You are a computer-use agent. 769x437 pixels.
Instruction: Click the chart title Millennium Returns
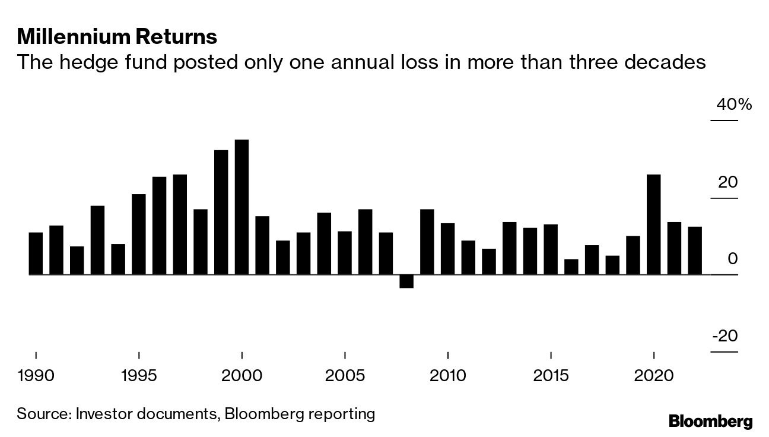tap(117, 37)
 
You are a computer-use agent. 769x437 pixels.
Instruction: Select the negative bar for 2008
tap(406, 281)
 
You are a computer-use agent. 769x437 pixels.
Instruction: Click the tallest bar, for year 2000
tap(241, 207)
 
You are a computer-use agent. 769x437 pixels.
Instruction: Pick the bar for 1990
tap(36, 254)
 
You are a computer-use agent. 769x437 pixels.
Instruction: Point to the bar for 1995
tap(139, 235)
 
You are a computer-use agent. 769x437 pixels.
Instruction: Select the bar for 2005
tap(345, 253)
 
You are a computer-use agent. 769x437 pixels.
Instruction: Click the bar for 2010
tap(447, 249)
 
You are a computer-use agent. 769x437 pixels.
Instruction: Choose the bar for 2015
tap(551, 249)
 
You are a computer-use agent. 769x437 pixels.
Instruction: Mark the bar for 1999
tap(221, 212)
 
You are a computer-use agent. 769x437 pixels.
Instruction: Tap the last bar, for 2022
tap(695, 251)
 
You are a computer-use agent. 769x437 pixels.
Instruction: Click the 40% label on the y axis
tap(733, 105)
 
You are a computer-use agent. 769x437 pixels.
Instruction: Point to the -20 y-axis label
tap(724, 336)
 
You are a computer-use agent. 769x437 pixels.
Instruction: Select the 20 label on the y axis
tap(727, 182)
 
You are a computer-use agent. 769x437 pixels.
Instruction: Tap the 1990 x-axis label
tap(36, 376)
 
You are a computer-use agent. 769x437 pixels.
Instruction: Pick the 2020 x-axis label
tap(653, 376)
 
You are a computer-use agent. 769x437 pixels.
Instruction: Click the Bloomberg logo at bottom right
tap(710, 422)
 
